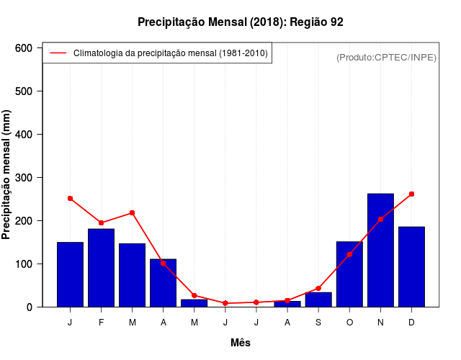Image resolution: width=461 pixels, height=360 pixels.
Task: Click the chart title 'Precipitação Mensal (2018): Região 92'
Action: coord(241,22)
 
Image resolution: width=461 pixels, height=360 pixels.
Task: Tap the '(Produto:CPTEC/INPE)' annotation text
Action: coord(386,57)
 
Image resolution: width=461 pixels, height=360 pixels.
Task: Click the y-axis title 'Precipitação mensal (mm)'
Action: coord(7,178)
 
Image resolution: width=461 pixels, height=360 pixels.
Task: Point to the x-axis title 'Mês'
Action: coord(241,343)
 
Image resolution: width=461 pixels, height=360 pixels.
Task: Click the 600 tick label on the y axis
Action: coord(24,48)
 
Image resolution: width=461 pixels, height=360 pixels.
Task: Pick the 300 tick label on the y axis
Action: coord(24,178)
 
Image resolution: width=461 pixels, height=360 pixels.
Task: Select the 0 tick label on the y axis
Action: coord(30,307)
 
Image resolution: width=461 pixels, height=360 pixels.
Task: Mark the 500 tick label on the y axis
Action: coord(24,91)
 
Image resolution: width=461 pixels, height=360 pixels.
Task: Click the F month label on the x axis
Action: coord(102,323)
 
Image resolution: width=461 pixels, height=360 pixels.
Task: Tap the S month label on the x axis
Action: coord(318,323)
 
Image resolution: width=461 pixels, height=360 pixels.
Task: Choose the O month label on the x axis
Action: coord(349,323)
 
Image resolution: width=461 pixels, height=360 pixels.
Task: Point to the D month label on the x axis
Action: coord(411,323)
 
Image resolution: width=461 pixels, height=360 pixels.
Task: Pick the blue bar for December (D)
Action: coord(411,266)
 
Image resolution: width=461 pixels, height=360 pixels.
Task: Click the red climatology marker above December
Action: coord(411,194)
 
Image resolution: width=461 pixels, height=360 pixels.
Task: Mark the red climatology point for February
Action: coord(102,222)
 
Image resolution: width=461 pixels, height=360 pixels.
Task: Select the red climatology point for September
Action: coord(318,288)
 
